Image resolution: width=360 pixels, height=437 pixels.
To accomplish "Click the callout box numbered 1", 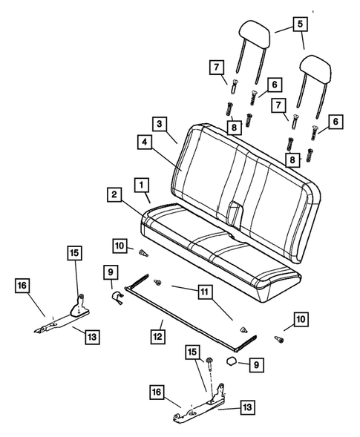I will (141, 183).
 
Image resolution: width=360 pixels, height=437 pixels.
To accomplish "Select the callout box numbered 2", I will (114, 195).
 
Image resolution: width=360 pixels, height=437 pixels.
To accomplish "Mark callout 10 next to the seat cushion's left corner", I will (119, 246).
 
